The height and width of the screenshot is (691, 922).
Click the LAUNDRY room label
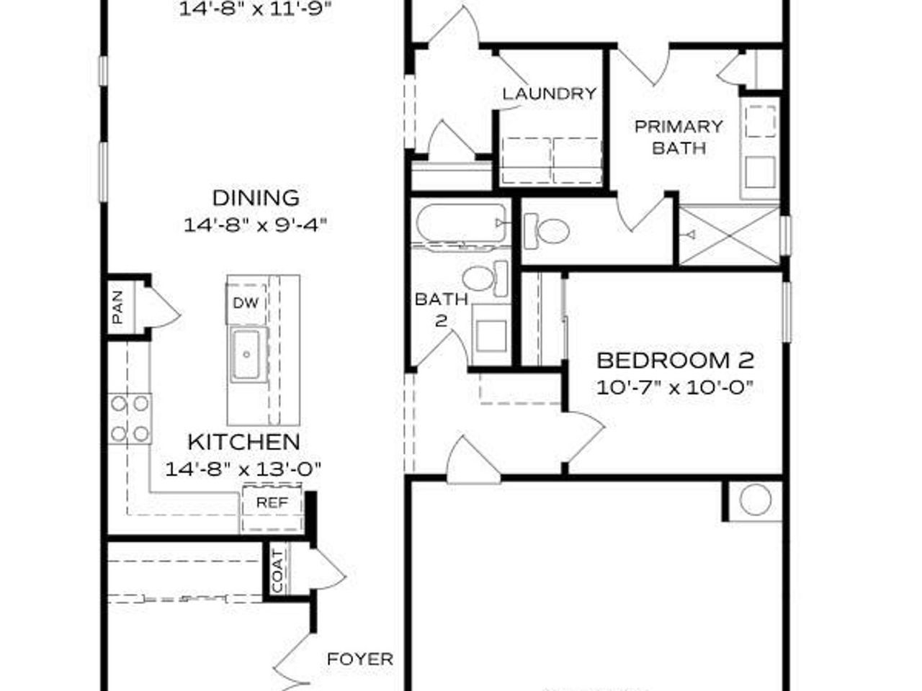[x=549, y=94]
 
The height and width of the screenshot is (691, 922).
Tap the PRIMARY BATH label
[x=678, y=137]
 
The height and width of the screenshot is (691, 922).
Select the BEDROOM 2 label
[x=675, y=359]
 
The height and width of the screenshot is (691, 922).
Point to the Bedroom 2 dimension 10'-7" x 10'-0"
[x=675, y=387]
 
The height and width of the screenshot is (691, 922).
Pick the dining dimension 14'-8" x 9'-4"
[x=256, y=225]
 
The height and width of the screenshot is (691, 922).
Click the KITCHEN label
[x=243, y=441]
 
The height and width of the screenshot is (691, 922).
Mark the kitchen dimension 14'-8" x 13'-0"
[x=243, y=469]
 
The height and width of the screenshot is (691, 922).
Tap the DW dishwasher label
[x=245, y=303]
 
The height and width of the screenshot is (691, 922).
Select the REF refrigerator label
[x=272, y=502]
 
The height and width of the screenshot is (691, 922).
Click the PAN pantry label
[x=118, y=306]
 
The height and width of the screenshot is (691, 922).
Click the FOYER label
[x=360, y=659]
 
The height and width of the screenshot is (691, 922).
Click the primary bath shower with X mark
[x=729, y=235]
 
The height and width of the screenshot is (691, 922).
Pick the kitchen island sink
[x=247, y=354]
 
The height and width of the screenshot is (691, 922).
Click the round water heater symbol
[x=755, y=500]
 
